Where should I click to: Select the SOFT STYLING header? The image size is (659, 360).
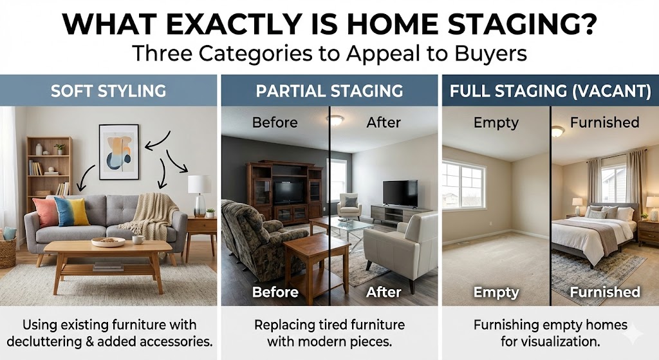[108, 91]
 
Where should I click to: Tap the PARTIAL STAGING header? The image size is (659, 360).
[329, 91]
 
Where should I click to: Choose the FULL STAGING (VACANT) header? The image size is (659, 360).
[550, 91]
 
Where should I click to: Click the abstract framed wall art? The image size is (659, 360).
[118, 152]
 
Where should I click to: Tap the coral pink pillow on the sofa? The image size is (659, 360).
[46, 213]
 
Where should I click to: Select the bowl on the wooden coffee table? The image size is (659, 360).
[108, 242]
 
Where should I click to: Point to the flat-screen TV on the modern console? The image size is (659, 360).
[400, 193]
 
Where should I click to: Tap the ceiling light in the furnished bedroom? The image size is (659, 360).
[557, 131]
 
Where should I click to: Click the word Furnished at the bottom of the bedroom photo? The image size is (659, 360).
[605, 292]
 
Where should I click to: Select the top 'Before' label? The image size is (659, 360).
[275, 122]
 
